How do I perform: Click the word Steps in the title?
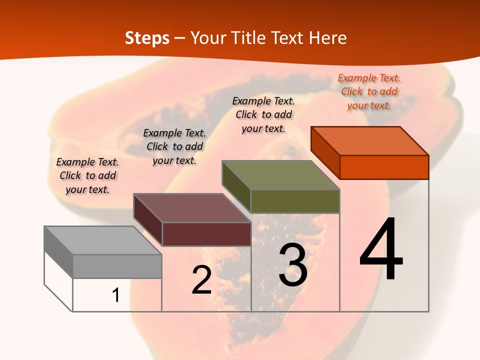coord(147,38)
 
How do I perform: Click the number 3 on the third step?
coord(293,265)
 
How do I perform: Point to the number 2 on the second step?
coord(201,280)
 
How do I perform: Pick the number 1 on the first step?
coord(116,295)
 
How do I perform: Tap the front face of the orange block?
coord(384,167)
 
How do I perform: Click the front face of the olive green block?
coord(295,201)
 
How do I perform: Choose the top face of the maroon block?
coord(192,207)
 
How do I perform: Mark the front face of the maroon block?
coord(206,234)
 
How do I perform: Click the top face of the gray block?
coord(103,240)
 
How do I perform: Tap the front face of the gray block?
coord(117,266)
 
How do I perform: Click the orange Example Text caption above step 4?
coord(369,91)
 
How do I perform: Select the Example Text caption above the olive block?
coord(263,114)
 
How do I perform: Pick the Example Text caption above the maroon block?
coord(174,146)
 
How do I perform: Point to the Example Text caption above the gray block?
coord(87,175)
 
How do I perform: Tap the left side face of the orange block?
coord(325,152)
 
